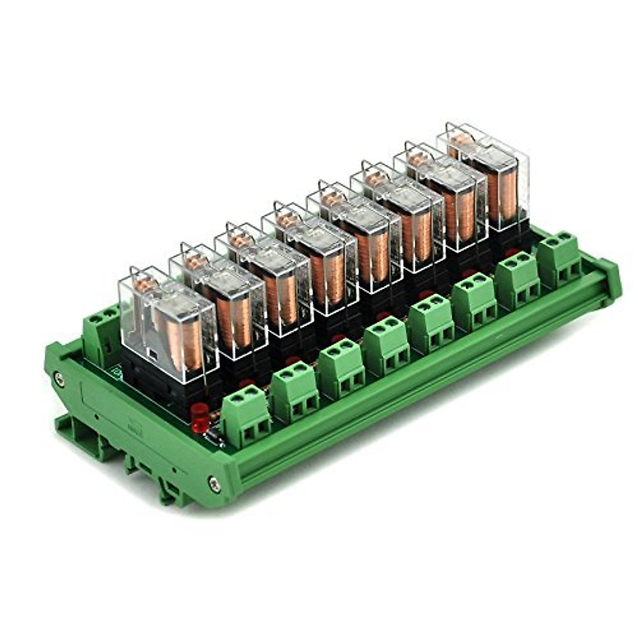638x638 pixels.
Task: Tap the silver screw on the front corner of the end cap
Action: coord(214,483)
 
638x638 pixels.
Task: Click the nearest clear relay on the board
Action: coord(167,324)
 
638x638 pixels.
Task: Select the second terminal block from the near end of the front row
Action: coord(294,391)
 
